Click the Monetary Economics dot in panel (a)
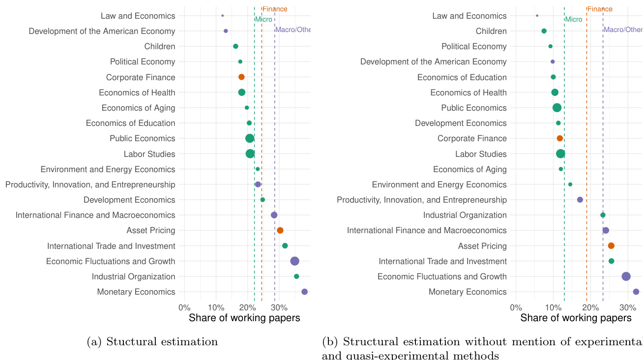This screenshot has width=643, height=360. click(x=304, y=292)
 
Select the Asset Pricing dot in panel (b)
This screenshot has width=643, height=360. click(x=611, y=246)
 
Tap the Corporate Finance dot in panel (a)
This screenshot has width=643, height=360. click(x=241, y=77)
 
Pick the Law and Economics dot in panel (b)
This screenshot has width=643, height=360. click(x=537, y=16)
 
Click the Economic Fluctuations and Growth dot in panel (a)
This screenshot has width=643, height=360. click(x=294, y=261)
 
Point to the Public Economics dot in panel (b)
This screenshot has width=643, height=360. click(x=556, y=108)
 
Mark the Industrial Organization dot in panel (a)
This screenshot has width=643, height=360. click(x=296, y=276)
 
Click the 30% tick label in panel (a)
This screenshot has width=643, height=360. click(x=279, y=307)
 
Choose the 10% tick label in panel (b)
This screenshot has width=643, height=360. click(x=553, y=307)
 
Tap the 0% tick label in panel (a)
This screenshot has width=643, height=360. click(x=184, y=307)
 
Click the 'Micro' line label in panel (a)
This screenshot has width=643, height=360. click(x=263, y=20)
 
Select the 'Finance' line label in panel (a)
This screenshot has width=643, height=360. click(x=275, y=9)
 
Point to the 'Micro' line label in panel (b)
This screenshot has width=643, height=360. click(x=574, y=20)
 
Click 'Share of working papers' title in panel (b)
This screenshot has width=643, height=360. click(x=576, y=318)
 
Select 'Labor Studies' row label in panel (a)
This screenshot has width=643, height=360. click(x=149, y=154)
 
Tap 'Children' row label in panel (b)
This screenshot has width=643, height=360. click(x=491, y=31)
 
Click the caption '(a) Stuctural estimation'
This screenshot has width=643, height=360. click(x=152, y=342)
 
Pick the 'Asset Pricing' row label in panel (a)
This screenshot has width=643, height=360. click(x=151, y=231)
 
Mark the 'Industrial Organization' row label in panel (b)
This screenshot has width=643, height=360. click(x=465, y=215)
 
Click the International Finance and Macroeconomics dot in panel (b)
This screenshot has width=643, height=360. click(x=606, y=231)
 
